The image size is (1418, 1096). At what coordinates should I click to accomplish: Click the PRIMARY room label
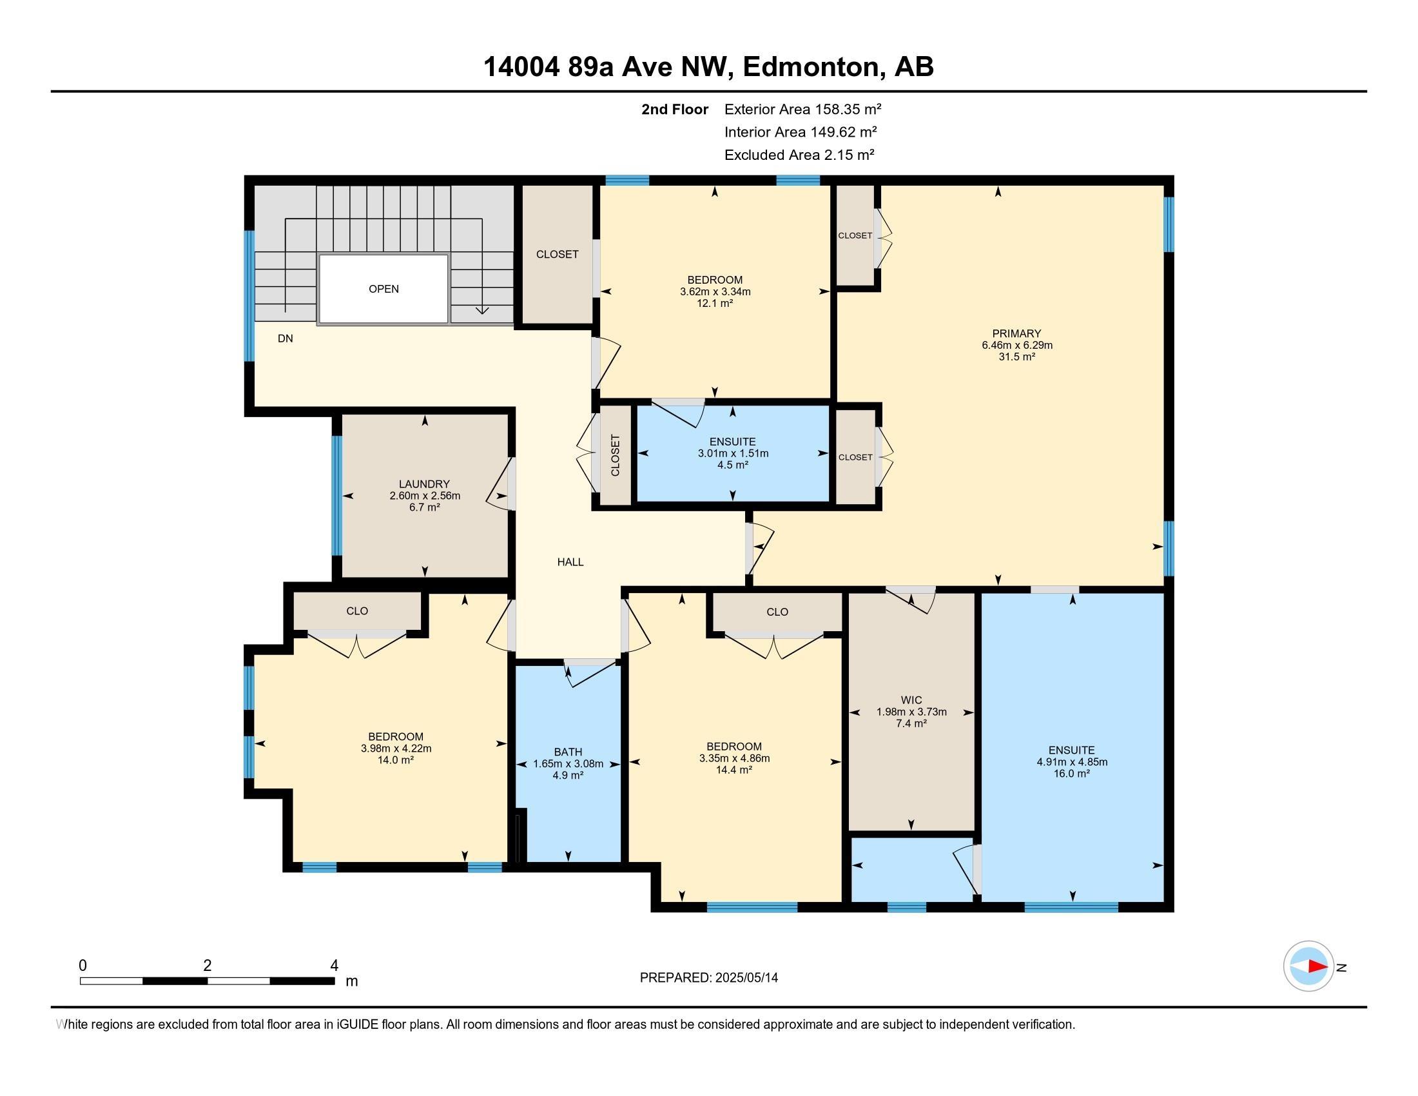[1016, 334]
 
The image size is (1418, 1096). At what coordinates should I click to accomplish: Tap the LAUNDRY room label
[424, 484]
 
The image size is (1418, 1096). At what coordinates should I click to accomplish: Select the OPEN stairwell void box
[383, 289]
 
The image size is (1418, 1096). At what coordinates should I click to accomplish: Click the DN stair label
[285, 338]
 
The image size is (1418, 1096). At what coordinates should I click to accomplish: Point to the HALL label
[570, 562]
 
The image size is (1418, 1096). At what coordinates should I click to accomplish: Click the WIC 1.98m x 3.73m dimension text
[911, 712]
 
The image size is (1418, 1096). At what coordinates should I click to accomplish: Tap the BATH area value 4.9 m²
[567, 775]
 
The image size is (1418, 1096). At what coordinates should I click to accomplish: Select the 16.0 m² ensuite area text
[1071, 774]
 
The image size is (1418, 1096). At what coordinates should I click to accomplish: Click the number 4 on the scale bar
[334, 966]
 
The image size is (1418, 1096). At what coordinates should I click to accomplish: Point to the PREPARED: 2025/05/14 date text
[708, 978]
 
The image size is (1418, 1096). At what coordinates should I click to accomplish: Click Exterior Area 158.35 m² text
[802, 109]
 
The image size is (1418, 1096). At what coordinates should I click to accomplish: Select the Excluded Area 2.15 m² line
[799, 155]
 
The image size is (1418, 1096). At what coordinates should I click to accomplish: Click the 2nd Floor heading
[674, 109]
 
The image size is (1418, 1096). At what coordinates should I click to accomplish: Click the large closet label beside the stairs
[557, 255]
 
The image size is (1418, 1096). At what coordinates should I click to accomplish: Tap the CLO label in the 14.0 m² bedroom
[357, 611]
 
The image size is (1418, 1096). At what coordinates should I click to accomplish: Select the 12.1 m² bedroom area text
[715, 303]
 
